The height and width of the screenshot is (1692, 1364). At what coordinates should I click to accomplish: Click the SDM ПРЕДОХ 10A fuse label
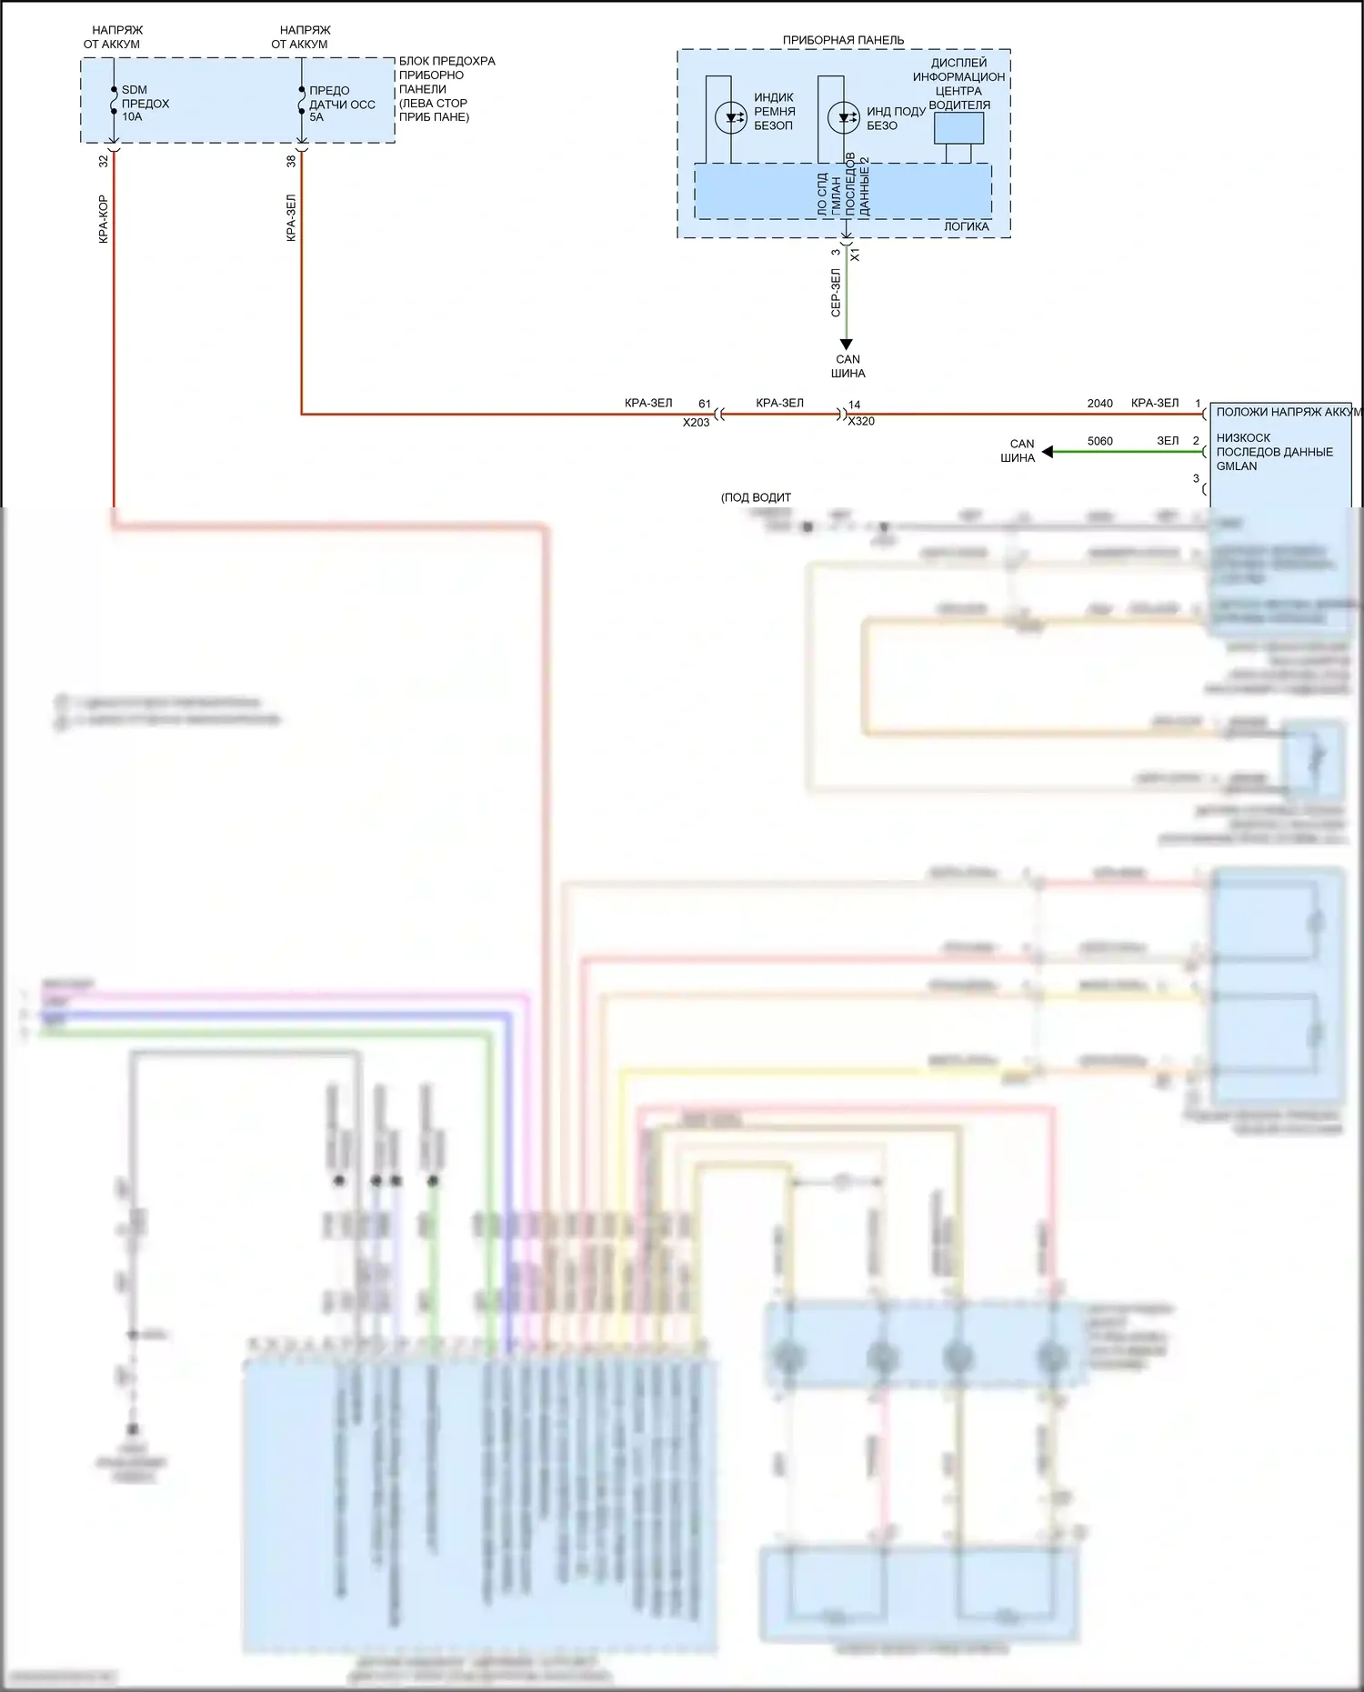click(145, 103)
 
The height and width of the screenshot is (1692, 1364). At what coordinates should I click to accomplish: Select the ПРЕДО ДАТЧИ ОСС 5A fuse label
click(341, 104)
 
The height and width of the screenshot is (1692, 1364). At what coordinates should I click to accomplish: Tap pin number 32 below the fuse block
click(103, 161)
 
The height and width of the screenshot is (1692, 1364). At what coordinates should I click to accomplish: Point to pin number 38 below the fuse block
click(291, 161)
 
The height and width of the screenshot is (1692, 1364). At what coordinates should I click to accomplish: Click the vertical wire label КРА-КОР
click(103, 219)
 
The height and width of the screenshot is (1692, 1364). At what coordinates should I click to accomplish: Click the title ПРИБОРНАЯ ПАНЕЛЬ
click(843, 40)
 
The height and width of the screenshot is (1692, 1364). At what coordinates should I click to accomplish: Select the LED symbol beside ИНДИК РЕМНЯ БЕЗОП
click(731, 117)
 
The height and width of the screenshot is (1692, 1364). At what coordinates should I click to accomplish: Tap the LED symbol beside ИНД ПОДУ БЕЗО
click(844, 117)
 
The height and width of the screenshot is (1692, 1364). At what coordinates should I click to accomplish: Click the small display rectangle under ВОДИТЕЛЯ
click(958, 128)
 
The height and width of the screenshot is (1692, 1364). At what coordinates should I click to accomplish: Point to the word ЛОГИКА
click(966, 226)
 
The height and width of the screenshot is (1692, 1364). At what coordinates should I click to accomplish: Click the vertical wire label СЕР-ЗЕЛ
click(836, 293)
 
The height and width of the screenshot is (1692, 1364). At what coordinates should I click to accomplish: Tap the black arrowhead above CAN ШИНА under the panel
click(846, 345)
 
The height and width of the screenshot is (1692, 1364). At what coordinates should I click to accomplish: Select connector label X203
click(696, 423)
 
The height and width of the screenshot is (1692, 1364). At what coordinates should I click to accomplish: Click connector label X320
click(861, 422)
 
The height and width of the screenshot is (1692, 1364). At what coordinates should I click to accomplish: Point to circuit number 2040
click(1099, 403)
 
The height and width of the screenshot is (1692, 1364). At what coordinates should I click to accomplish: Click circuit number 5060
click(1099, 441)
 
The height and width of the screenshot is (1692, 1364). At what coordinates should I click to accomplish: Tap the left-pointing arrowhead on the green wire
click(1048, 452)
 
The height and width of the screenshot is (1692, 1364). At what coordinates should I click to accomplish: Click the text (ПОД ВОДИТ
click(756, 497)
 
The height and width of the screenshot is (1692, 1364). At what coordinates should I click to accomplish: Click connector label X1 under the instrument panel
click(855, 255)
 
